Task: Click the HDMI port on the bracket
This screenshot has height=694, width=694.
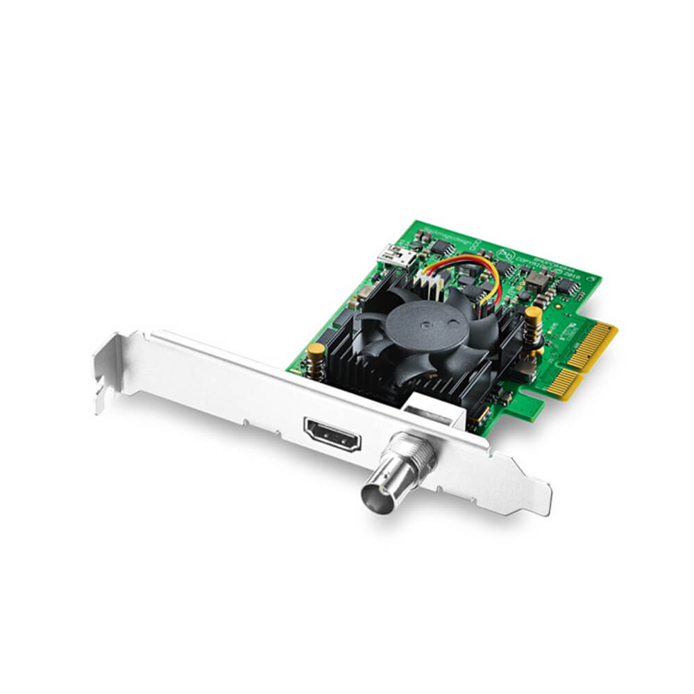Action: point(332,433)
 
